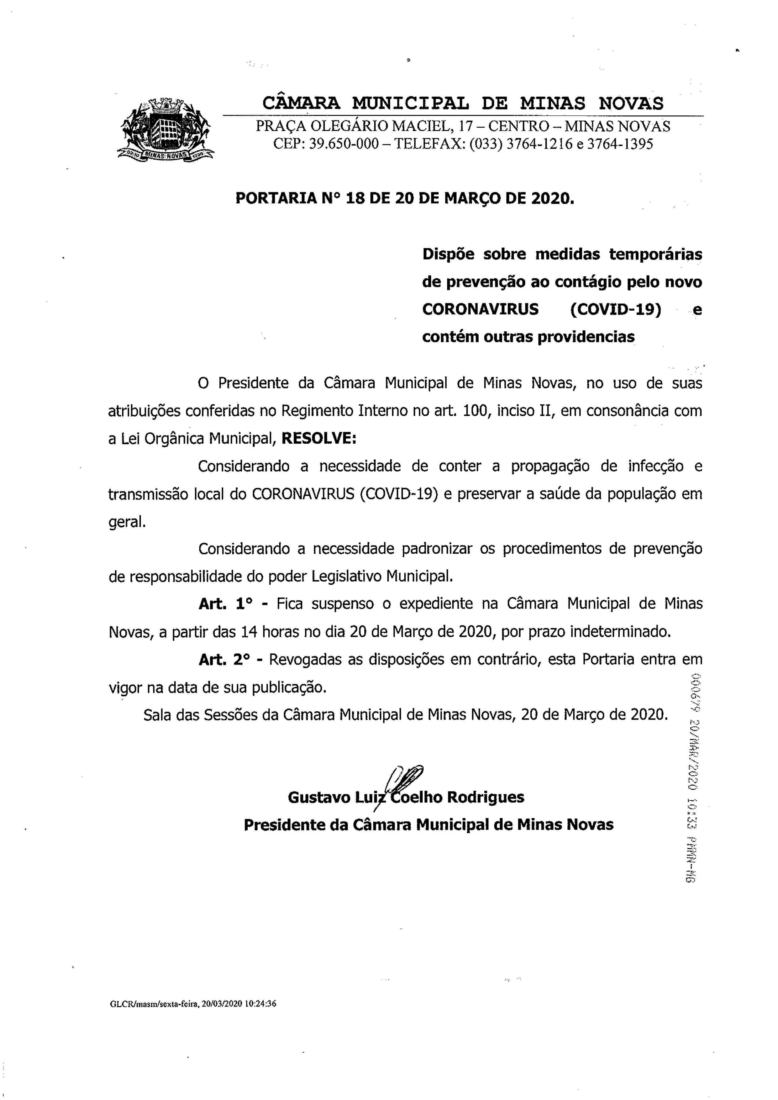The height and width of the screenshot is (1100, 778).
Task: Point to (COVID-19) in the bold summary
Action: point(616,309)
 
